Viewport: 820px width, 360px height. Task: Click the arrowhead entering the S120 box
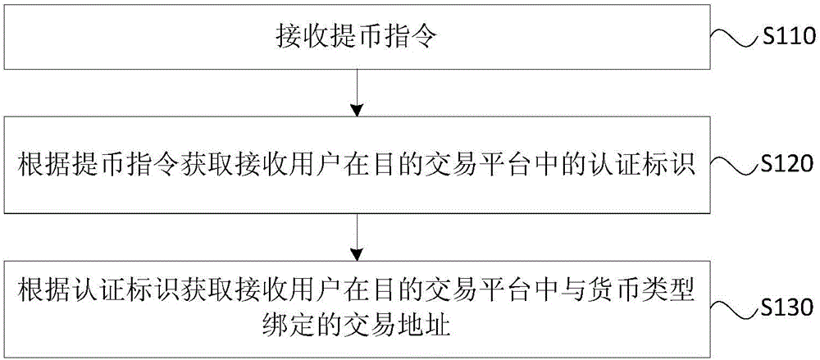tap(356, 111)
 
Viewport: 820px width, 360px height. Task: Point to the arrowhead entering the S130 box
tap(356, 254)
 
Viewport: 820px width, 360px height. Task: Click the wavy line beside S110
tap(734, 39)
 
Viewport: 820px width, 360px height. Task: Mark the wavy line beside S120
tap(734, 166)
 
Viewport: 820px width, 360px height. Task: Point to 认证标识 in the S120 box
tap(645, 166)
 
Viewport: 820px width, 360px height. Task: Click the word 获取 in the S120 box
tap(196, 166)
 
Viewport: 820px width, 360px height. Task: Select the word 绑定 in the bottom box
tap(304, 326)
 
